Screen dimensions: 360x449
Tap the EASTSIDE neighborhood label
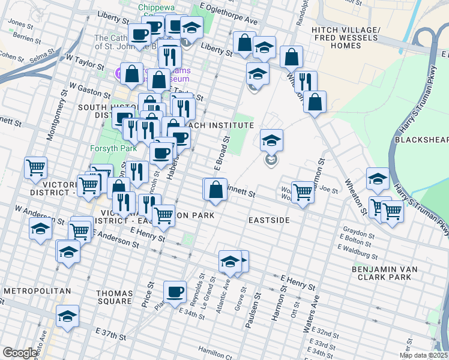coord(270,221)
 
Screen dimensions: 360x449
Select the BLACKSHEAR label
coord(421,140)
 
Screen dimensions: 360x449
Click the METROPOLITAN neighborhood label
coord(37,291)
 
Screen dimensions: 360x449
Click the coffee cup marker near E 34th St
coord(175,292)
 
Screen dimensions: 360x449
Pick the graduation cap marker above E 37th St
coord(68,316)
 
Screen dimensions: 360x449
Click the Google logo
coord(19,353)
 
